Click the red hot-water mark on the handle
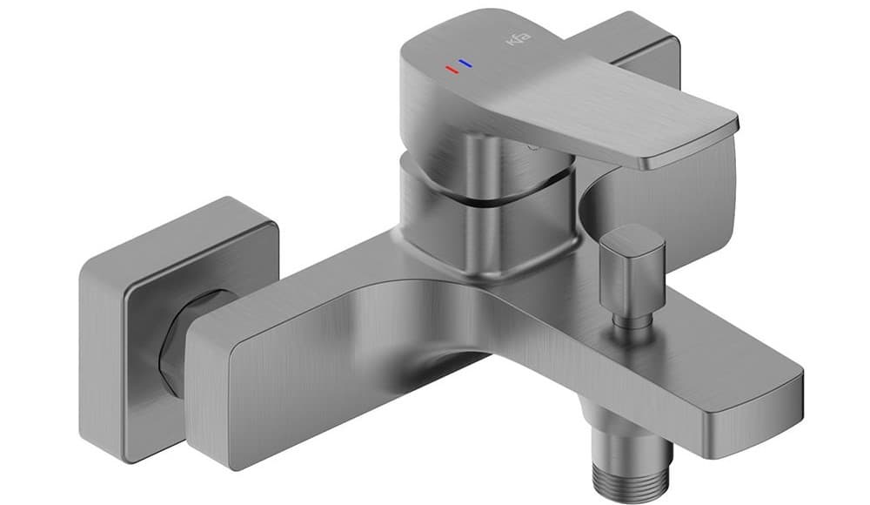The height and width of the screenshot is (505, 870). pos(451,69)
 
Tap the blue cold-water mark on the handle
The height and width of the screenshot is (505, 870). pos(465,64)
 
